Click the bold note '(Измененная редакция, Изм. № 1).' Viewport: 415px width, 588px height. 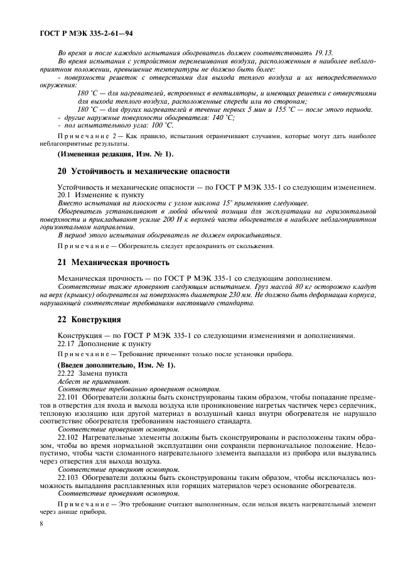(116, 154)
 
